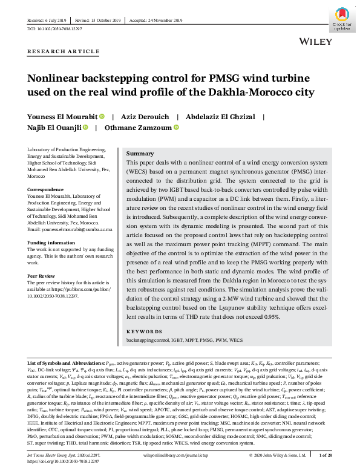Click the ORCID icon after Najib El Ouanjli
point(85,128)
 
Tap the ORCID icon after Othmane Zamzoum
point(176,128)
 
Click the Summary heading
point(140,154)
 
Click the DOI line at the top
point(55,28)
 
